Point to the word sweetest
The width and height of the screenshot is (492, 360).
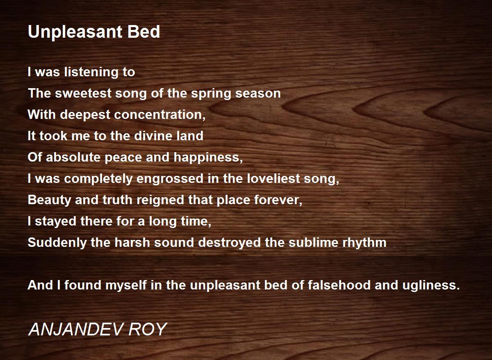tap(83, 93)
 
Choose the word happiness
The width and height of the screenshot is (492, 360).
tap(208, 158)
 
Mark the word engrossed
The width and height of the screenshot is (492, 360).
tap(170, 179)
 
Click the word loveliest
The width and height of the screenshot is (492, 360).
tap(273, 178)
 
